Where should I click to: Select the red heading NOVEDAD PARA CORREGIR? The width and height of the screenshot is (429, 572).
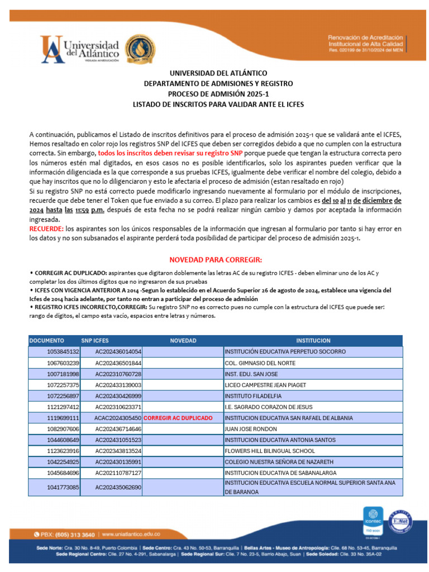click(x=215, y=260)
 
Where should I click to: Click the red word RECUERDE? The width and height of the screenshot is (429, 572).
click(x=46, y=230)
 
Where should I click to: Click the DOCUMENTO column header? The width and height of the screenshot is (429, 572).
click(x=47, y=341)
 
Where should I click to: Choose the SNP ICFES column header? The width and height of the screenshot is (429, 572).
click(x=95, y=341)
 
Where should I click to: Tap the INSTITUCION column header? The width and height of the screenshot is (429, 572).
click(x=313, y=341)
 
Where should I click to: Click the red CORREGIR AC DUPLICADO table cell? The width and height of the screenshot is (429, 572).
click(x=178, y=418)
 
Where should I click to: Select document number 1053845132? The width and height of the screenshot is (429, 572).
click(x=63, y=352)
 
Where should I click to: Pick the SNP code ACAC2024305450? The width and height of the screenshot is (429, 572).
click(x=118, y=418)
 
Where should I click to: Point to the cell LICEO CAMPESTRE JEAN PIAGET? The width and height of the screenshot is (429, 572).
click(x=266, y=385)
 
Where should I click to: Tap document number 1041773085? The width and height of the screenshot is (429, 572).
click(x=63, y=487)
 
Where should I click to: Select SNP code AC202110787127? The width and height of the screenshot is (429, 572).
click(x=118, y=473)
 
